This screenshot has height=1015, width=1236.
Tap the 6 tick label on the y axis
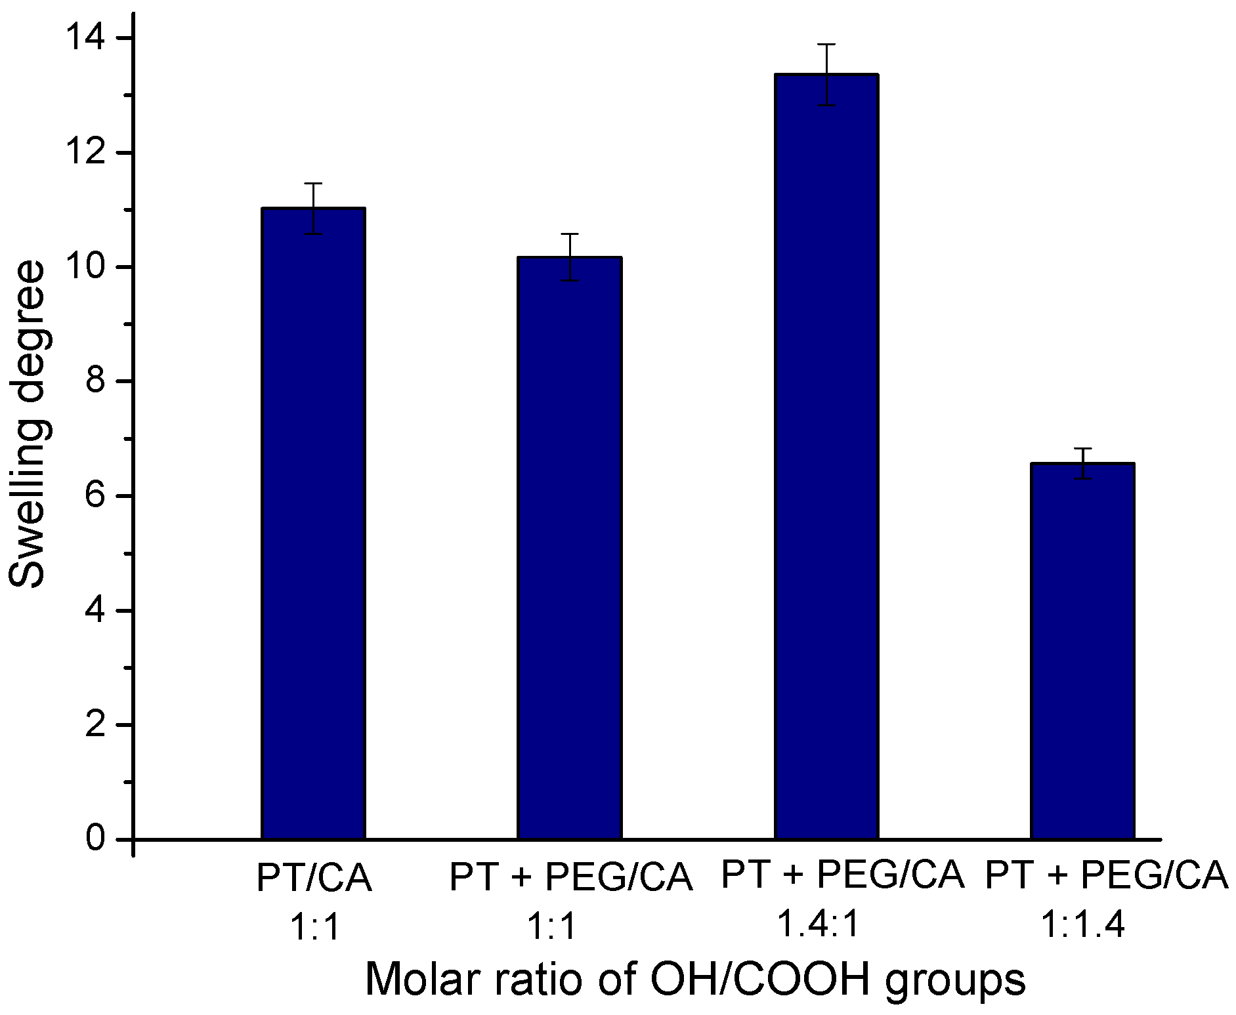click(x=96, y=497)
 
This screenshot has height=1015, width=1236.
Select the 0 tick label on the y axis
click(x=96, y=839)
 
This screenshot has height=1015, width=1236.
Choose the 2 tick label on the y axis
click(x=96, y=725)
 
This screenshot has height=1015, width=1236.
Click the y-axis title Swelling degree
click(x=28, y=424)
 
